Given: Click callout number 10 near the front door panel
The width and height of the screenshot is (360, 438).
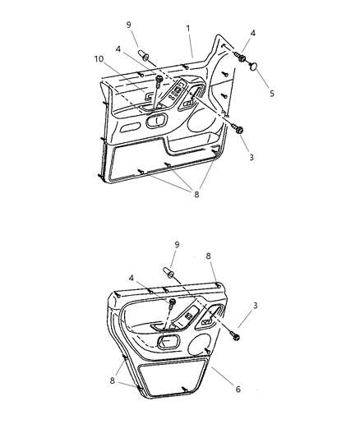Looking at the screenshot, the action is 99,59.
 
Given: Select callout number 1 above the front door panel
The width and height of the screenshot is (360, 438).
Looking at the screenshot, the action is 188,28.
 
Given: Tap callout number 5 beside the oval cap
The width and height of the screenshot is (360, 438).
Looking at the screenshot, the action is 272,94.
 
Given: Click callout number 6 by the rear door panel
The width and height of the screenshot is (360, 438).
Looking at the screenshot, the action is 238,390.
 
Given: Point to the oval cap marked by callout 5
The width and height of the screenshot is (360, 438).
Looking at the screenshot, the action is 253,67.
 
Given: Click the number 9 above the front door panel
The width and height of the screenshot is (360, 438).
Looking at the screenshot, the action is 128,25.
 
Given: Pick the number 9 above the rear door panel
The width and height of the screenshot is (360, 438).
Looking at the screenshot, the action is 177,245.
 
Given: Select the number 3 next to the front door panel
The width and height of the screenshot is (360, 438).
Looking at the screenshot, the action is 252,157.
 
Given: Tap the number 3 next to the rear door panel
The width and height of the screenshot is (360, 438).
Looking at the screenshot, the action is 255,306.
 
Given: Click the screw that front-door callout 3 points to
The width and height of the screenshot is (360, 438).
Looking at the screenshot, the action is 238,129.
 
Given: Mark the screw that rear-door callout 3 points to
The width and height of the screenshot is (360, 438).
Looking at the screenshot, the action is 234,335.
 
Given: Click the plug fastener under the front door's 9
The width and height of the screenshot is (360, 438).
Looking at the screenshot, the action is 143,55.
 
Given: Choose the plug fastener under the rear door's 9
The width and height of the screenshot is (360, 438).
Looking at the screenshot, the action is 168,273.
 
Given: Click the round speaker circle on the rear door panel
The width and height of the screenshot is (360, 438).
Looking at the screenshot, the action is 200,344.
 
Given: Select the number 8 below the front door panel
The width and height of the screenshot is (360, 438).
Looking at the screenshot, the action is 196,195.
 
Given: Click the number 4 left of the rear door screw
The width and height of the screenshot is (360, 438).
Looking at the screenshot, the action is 132,279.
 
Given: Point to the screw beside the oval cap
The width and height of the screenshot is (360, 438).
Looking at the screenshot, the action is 241,57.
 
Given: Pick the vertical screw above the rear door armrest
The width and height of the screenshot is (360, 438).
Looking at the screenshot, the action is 172,304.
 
